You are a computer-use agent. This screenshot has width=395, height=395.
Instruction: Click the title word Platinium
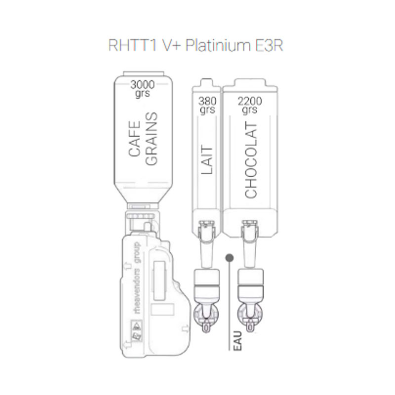[218, 45]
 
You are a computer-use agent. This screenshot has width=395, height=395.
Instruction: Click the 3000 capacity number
[142, 85]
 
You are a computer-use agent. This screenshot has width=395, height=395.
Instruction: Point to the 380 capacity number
[207, 101]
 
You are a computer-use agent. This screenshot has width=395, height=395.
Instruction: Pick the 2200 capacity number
[250, 101]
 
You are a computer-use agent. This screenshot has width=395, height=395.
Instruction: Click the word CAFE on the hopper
[134, 139]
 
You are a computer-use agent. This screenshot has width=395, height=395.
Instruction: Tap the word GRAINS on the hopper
[152, 139]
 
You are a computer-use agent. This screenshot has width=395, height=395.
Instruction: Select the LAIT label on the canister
[207, 159]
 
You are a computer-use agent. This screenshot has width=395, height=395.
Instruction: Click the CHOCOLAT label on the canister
[251, 161]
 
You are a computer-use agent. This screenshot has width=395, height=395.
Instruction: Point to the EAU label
[237, 341]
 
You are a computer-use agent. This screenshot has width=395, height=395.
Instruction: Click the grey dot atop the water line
[230, 258]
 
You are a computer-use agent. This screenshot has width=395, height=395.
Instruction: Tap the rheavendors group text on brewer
[137, 278]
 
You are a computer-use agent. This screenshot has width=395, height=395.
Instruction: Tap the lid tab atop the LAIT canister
[206, 82]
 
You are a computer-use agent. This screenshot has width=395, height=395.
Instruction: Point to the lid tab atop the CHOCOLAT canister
[250, 82]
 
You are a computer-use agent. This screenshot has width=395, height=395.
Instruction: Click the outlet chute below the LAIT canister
[206, 254]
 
